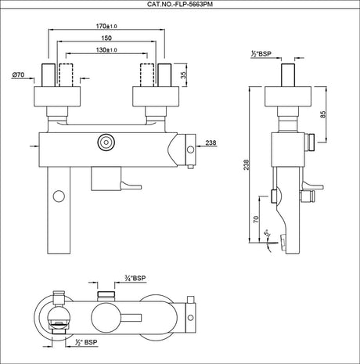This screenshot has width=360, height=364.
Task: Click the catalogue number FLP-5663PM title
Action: click(180, 4)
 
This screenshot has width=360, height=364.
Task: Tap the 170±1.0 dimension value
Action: click(106, 26)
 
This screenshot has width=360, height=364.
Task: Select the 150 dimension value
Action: click(106, 38)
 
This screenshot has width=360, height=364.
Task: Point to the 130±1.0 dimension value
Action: click(106, 50)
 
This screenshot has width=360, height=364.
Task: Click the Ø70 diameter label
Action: click(18, 75)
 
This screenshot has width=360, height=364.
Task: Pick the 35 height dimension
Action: click(184, 75)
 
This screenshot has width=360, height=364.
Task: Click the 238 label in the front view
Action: click(211, 142)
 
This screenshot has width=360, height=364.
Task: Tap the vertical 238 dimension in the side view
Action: click(247, 164)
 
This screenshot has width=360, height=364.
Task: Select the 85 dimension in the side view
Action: click(323, 114)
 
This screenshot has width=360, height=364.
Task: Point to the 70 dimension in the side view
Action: click(257, 218)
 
